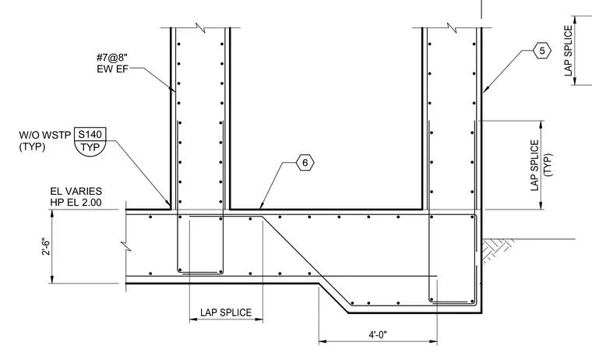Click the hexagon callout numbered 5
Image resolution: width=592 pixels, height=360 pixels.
pyautogui.click(x=542, y=51)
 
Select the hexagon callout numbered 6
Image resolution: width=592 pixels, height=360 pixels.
pyautogui.click(x=305, y=163)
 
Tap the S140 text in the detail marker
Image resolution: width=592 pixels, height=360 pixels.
pyautogui.click(x=90, y=134)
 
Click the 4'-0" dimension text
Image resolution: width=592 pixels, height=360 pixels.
pyautogui.click(x=378, y=334)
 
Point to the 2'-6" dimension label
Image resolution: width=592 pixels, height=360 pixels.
pyautogui.click(x=46, y=246)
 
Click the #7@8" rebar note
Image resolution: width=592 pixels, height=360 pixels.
pyautogui.click(x=112, y=58)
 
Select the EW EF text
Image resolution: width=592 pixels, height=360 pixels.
pyautogui.click(x=112, y=69)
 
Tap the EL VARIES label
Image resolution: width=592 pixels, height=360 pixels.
pyautogui.click(x=76, y=191)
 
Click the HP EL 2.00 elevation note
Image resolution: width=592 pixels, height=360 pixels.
pyautogui.click(x=76, y=203)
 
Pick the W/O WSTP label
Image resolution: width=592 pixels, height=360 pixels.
pyautogui.click(x=45, y=135)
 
